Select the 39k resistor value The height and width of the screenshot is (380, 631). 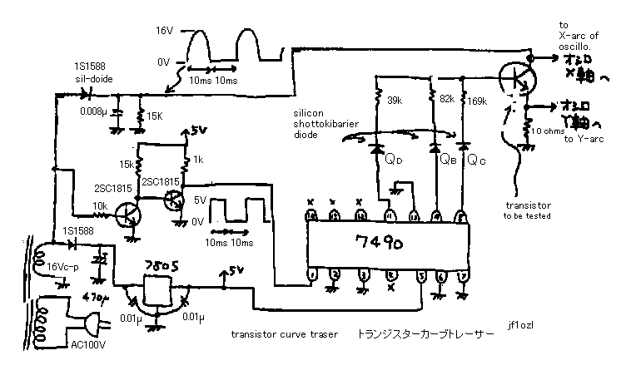pyautogui.click(x=396, y=100)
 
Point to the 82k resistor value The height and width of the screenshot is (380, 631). pyautogui.click(x=446, y=99)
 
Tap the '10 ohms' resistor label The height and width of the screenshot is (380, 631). pyautogui.click(x=549, y=131)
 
